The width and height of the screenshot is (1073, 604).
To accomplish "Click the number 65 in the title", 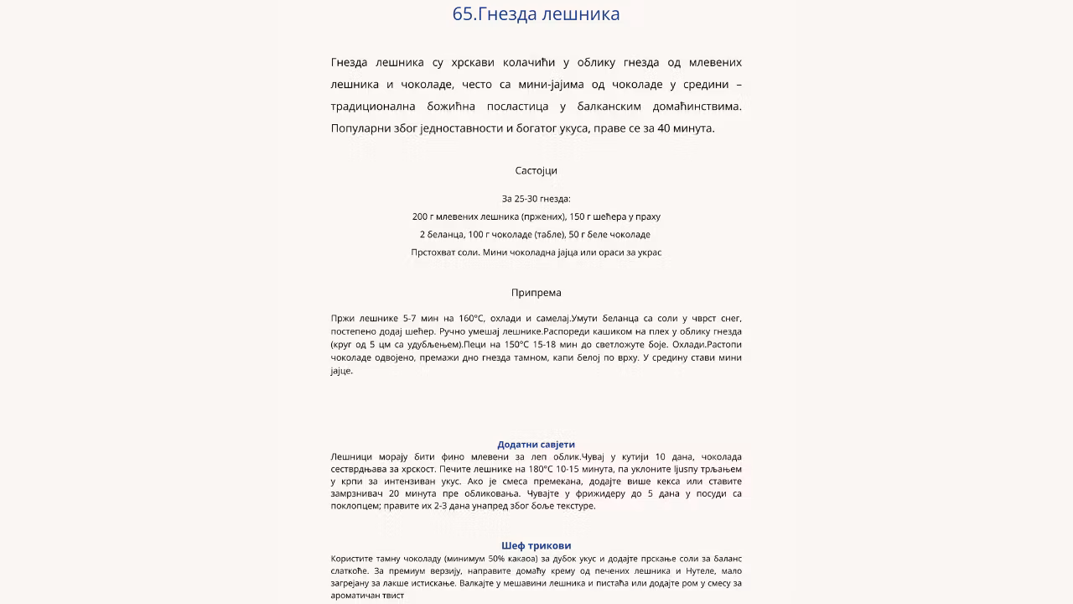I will pyautogui.click(x=463, y=14).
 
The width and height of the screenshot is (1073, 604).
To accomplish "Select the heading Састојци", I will pyautogui.click(x=536, y=170).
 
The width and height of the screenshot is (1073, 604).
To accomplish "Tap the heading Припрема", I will pyautogui.click(x=536, y=293).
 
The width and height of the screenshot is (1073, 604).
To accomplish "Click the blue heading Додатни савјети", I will pyautogui.click(x=536, y=445).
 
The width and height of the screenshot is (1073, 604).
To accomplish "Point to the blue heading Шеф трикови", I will pyautogui.click(x=536, y=545).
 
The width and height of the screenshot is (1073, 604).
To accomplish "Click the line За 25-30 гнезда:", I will pyautogui.click(x=536, y=199).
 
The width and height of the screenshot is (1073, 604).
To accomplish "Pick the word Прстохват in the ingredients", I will pyautogui.click(x=432, y=252).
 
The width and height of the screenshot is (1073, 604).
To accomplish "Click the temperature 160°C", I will pyautogui.click(x=472, y=319).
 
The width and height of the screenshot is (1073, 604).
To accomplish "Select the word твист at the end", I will pyautogui.click(x=391, y=596).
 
